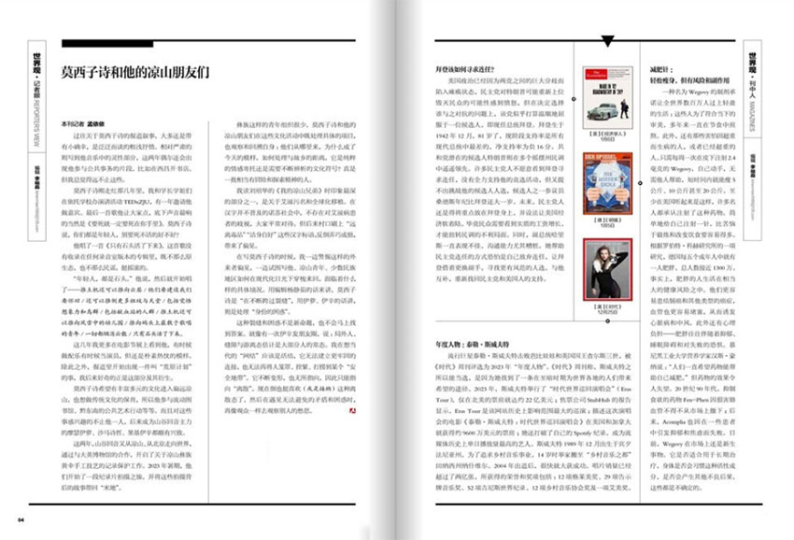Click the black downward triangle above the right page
[608, 41]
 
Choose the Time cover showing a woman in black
[602, 269]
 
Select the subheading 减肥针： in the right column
[660, 69]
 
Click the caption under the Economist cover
[602, 138]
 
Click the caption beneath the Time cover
[602, 311]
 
